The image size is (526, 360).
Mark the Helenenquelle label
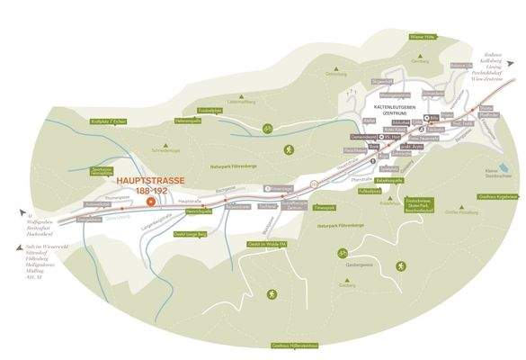pos(186,121)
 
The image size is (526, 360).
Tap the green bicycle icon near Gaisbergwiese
pos(343,253)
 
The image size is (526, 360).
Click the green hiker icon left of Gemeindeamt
pos(290,149)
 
